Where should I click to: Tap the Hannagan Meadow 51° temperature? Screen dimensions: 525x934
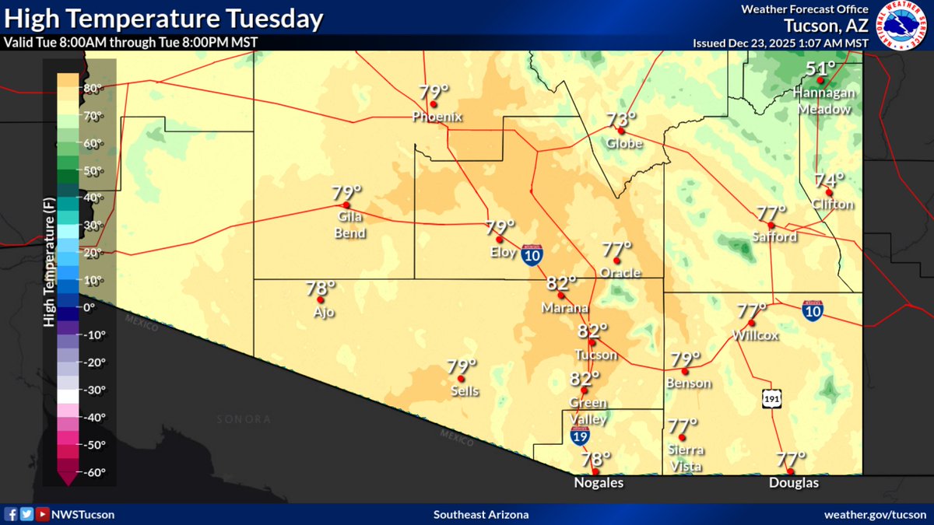click(x=820, y=69)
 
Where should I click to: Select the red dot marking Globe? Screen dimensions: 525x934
click(x=621, y=131)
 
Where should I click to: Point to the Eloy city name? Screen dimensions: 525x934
click(x=501, y=252)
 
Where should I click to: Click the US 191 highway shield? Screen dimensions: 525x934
click(x=771, y=398)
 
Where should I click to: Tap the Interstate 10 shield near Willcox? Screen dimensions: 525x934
click(x=813, y=311)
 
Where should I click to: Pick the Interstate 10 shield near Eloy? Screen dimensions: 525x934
click(x=532, y=257)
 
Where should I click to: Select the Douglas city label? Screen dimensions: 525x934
click(x=793, y=483)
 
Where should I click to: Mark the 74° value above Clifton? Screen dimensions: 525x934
click(x=829, y=180)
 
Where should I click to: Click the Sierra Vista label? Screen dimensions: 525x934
click(x=686, y=458)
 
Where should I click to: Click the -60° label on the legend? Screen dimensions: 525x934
click(x=92, y=472)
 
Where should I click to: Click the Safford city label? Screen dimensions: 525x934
click(x=774, y=236)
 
